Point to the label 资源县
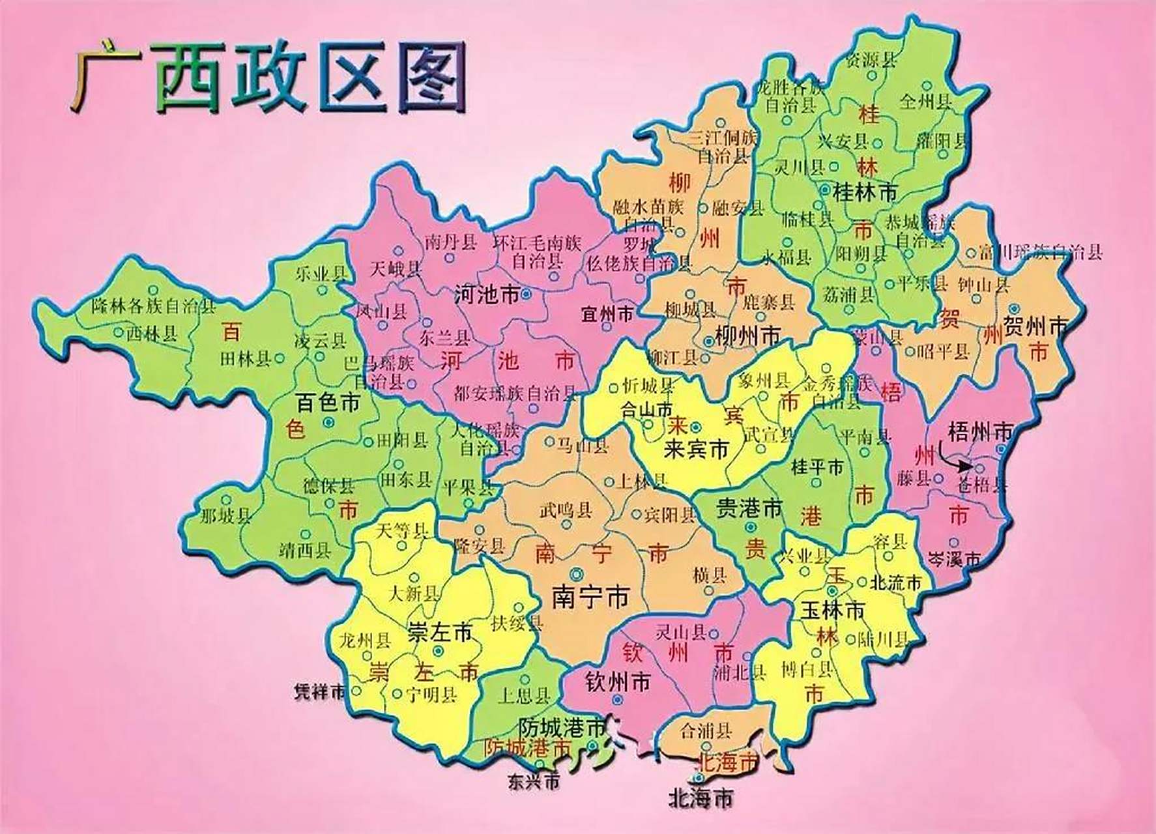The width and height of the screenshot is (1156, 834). [x=870, y=61]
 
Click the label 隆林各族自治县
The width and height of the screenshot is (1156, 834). [x=153, y=306]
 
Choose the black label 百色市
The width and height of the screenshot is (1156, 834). [x=328, y=403]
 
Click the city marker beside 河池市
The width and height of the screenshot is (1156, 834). [x=527, y=295]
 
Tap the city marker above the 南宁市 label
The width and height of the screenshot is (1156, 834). [x=577, y=573]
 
